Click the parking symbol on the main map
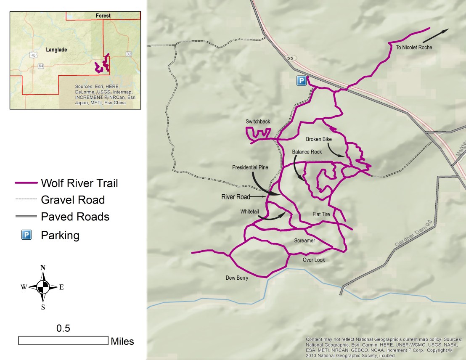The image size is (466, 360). pos(301,81)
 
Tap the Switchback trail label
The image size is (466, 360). pos(258,122)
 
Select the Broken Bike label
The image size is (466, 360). pos(319,139)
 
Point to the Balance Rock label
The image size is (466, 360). pos(307,152)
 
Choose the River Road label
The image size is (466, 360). pos(236,196)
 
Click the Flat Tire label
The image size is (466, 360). pos(321,214)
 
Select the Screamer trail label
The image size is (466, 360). pos(304,241)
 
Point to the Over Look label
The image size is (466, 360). pos(314,260)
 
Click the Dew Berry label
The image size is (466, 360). pos(237,278)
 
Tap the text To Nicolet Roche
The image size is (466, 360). pos(414,48)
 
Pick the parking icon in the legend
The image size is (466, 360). pos(26,235)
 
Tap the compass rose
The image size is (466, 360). pos(43,287)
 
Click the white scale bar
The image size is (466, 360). pos(63,341)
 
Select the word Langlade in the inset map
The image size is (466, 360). pos(56,50)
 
